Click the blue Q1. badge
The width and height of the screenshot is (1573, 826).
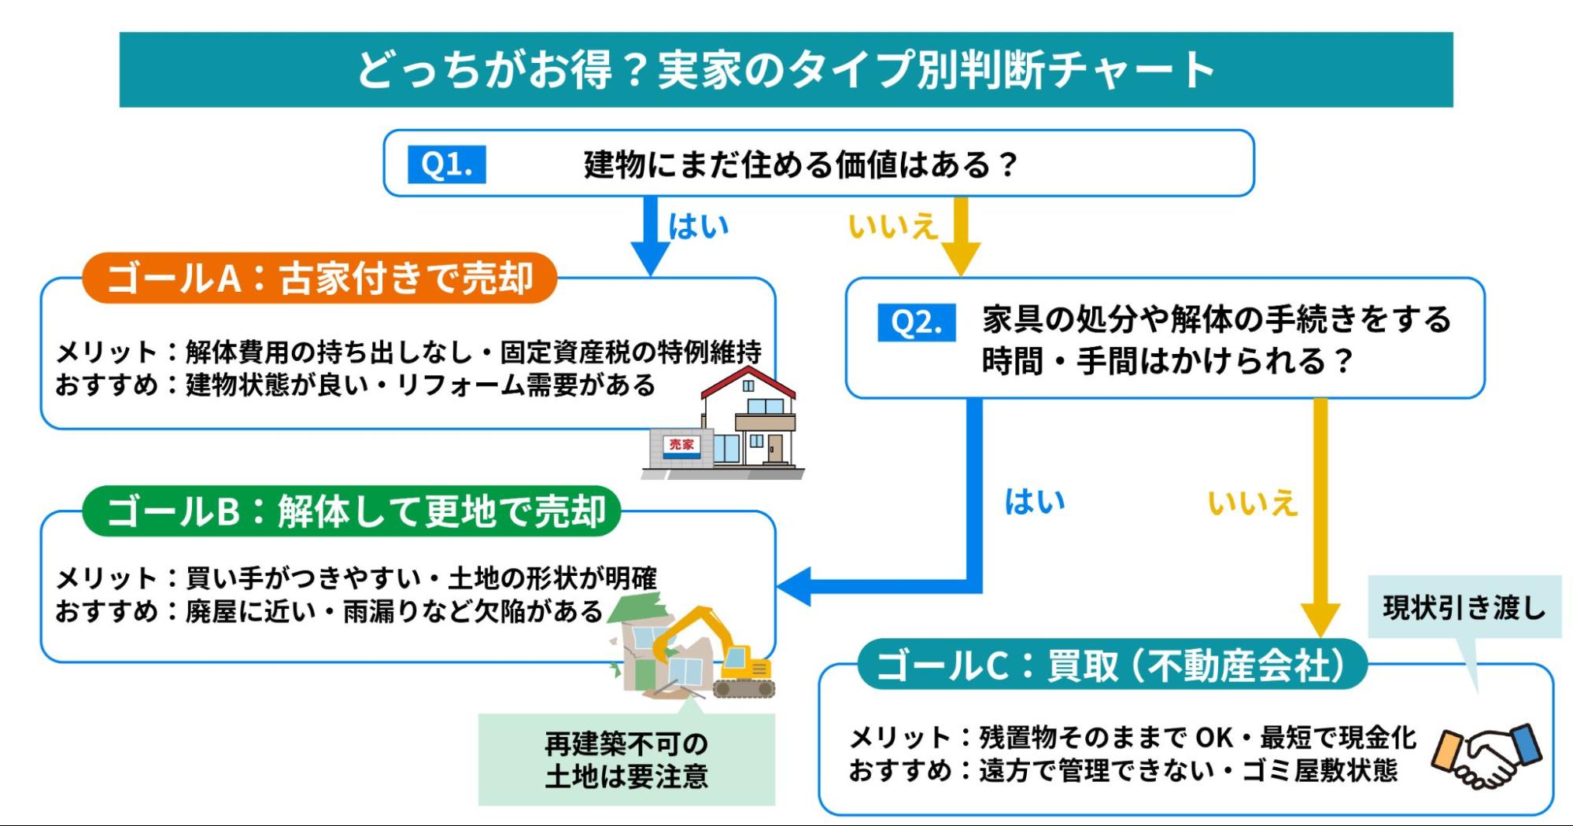(446, 164)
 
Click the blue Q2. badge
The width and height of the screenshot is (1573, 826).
(917, 323)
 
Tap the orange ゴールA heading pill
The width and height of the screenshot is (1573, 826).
(319, 278)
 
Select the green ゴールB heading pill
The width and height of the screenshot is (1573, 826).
(352, 511)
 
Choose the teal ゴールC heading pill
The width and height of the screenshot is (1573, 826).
(1111, 666)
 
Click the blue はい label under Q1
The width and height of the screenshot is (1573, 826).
(698, 227)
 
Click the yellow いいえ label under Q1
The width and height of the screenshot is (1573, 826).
(892, 227)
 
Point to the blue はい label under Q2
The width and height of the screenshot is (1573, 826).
(1034, 502)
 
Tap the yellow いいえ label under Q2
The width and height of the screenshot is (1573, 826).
(1251, 503)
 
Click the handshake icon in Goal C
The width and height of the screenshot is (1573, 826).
(1486, 756)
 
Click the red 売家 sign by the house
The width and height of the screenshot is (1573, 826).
(681, 445)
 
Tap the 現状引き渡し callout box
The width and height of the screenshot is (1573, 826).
(1464, 607)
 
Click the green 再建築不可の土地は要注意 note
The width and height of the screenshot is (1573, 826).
(626, 760)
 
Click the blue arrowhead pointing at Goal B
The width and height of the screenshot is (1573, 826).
(795, 587)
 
